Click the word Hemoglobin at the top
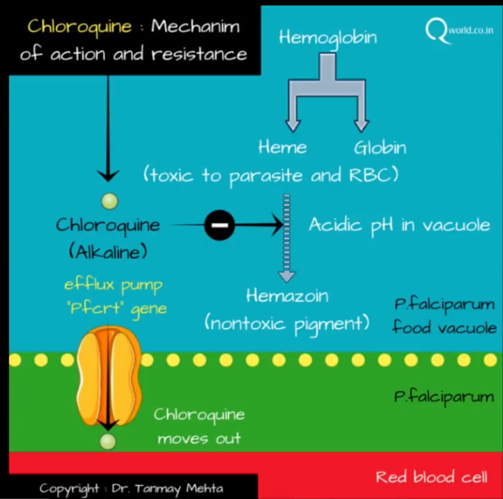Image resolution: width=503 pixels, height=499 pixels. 328,38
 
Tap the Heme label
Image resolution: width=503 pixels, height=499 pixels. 283,147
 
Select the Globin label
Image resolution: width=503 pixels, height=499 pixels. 380,147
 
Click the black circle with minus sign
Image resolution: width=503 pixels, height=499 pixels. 219,225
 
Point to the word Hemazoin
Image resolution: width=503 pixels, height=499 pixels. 287,296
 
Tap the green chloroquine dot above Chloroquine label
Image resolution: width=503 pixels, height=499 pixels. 110,201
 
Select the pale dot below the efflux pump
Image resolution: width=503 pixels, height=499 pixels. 108,441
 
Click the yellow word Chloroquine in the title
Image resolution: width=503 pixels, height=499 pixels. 80,27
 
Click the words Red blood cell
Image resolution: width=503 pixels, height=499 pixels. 431,477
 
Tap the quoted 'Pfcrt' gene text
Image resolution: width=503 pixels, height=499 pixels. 117,309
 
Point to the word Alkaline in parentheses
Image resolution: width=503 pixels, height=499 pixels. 108,252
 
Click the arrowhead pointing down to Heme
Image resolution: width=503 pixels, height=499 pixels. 293,125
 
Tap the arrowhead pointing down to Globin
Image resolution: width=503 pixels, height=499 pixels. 361,125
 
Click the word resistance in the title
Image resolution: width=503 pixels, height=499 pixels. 199,54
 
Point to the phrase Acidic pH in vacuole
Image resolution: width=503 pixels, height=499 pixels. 399,225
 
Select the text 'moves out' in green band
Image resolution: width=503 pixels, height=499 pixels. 199,439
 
